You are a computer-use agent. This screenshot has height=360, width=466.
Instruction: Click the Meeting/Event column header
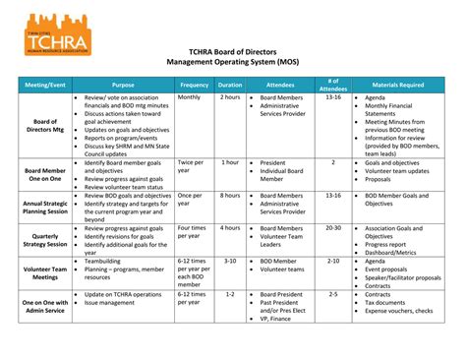(43, 85)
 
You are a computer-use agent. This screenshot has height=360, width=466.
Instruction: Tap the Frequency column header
(194, 85)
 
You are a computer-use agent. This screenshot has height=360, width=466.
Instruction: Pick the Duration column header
(230, 85)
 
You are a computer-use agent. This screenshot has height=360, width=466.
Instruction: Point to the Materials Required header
(397, 85)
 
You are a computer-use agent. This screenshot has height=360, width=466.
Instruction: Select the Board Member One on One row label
(43, 174)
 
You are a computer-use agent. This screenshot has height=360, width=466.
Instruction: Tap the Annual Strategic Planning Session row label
(43, 207)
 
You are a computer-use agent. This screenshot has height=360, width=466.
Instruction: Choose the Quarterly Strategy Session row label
(43, 240)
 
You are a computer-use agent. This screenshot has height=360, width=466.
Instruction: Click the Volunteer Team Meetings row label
(43, 272)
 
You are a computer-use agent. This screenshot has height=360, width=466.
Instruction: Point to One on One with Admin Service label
(43, 306)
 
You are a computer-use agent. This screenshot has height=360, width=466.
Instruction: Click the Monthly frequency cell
(189, 98)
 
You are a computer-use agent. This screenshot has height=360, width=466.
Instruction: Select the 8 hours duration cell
(230, 196)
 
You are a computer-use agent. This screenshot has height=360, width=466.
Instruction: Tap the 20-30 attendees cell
(333, 228)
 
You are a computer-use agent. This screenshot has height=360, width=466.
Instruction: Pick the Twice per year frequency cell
(192, 167)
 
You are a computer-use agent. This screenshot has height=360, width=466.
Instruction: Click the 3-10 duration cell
(230, 261)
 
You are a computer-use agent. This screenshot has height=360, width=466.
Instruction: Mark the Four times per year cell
(192, 233)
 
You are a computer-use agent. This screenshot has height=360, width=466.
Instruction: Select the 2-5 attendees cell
(333, 294)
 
